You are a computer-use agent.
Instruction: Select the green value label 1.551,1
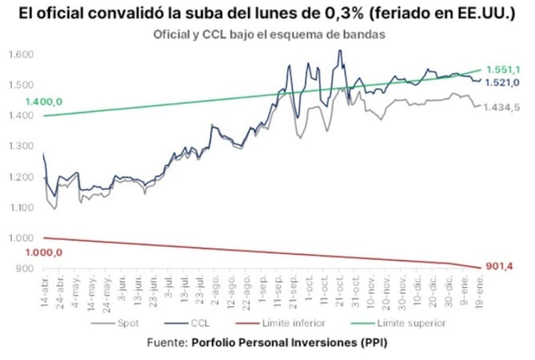[x=502, y=70]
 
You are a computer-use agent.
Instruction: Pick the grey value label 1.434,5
[x=502, y=108]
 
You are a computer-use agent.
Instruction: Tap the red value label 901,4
[x=498, y=267]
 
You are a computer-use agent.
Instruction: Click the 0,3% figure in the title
[x=362, y=13]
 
